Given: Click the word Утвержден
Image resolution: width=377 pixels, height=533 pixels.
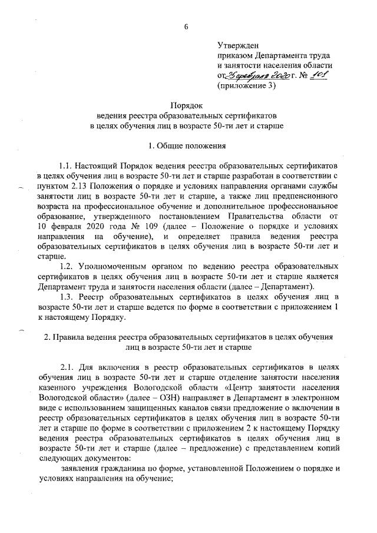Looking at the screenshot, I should coord(238,44).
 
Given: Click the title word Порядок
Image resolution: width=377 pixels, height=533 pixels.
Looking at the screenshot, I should coord(187,105).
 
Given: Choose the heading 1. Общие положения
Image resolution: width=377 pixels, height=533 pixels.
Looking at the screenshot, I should coord(187,145).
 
